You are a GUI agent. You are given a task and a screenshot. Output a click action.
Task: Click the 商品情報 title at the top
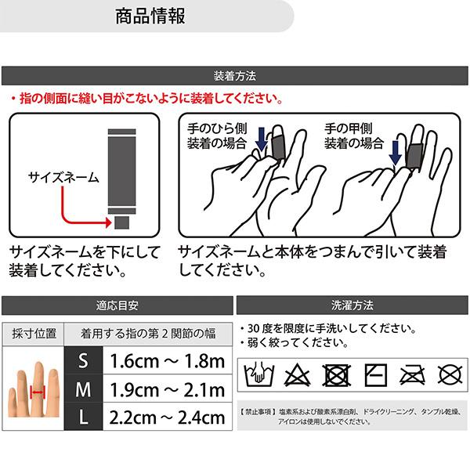[150, 16]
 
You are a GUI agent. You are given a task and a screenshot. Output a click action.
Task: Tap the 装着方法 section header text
[235, 76]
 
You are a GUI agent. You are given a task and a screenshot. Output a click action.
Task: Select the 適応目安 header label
[117, 305]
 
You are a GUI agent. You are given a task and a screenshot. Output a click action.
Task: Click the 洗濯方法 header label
[352, 305]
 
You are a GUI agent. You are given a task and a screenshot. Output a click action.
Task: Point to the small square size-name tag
[122, 222]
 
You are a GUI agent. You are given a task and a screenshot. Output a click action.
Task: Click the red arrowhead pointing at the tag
[108, 222]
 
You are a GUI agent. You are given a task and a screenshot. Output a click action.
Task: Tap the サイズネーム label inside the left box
[63, 177]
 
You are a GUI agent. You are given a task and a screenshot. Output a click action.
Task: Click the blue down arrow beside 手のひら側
[262, 139]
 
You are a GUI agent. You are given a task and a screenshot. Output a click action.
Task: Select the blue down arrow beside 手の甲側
[395, 153]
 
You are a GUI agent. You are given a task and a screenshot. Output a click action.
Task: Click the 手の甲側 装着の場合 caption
[354, 136]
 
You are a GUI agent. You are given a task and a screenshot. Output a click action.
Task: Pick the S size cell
[83, 360]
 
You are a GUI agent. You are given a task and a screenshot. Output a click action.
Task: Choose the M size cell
[83, 389]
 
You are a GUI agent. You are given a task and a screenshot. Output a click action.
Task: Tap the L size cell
[83, 417]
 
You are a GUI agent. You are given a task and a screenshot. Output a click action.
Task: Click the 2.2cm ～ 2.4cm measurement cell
[168, 418]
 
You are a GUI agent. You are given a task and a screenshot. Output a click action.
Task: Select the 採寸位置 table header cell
[34, 334]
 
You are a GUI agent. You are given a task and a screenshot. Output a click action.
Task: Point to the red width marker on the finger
[38, 392]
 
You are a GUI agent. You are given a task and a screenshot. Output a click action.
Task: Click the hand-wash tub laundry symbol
[259, 374]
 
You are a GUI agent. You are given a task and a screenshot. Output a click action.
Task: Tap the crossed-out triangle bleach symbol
[297, 374]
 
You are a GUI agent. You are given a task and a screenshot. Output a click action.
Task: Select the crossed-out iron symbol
[413, 375]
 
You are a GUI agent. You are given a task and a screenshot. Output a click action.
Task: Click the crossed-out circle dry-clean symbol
[450, 375]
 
